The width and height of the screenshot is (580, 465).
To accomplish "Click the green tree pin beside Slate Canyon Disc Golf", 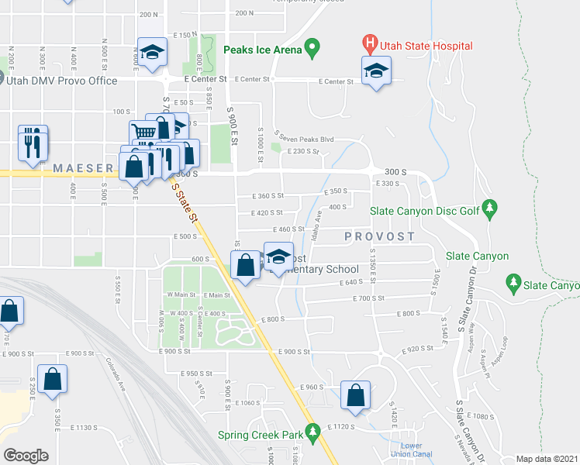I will (x=489, y=208).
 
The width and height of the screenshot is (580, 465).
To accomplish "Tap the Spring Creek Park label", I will (x=261, y=435).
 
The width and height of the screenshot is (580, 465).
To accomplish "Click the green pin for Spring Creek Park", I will (x=313, y=432).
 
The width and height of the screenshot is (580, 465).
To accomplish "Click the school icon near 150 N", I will (x=151, y=52).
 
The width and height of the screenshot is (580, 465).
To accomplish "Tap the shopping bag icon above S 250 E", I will (x=53, y=380).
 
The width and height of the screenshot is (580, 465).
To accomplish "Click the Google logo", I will (x=26, y=456).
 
